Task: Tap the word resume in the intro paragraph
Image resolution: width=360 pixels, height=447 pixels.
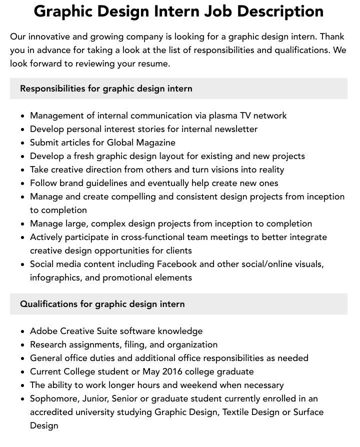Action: [x=154, y=63]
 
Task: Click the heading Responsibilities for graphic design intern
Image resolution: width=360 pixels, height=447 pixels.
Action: [x=106, y=88]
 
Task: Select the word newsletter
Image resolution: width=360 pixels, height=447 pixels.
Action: [x=233, y=129]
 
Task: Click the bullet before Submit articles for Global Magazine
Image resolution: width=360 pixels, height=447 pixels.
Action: [x=23, y=143]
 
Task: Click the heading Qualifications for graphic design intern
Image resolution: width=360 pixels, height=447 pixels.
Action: [x=102, y=304]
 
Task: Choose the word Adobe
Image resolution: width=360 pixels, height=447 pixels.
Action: [x=44, y=331]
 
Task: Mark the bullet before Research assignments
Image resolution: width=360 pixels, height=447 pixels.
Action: [x=23, y=345]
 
